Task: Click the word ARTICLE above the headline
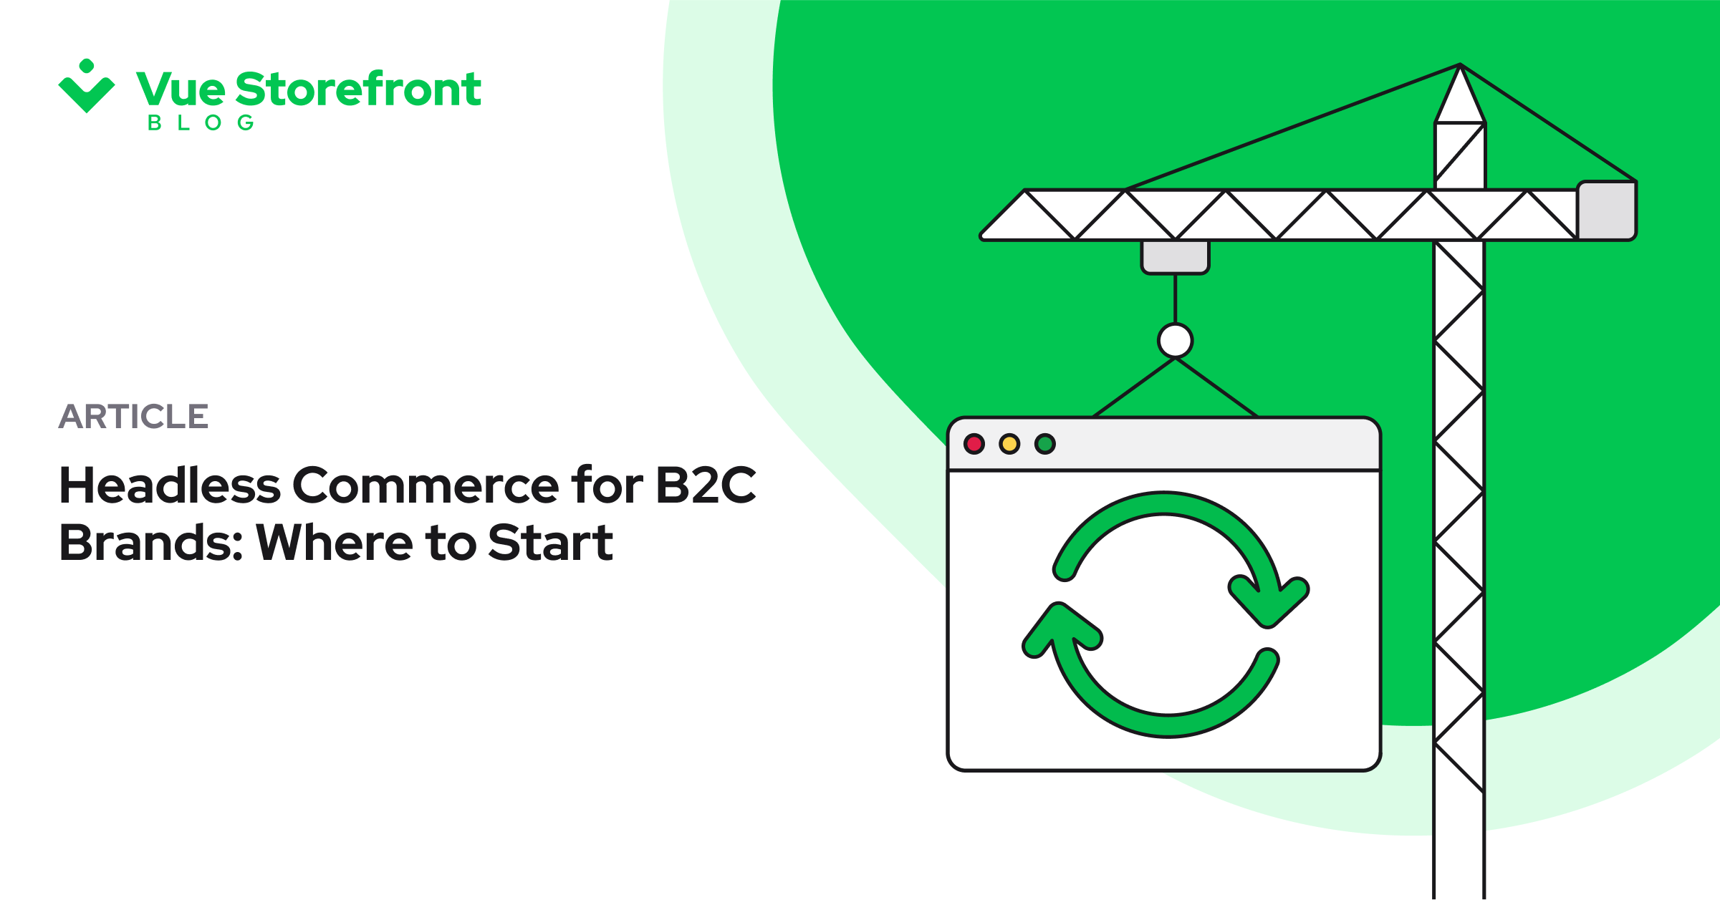pyautogui.click(x=133, y=417)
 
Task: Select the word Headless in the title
pyautogui.click(x=170, y=485)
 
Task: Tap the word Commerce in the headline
pyautogui.click(x=426, y=485)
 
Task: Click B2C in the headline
pyautogui.click(x=706, y=485)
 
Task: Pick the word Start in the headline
pyautogui.click(x=550, y=543)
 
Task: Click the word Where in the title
pyautogui.click(x=335, y=543)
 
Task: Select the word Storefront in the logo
pyautogui.click(x=358, y=89)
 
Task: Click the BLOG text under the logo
pyautogui.click(x=201, y=123)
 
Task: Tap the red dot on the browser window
pyautogui.click(x=974, y=444)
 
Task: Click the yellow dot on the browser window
pyautogui.click(x=1009, y=444)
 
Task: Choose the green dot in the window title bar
pyautogui.click(x=1045, y=444)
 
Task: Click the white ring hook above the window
pyautogui.click(x=1175, y=340)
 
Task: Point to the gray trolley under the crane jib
pyautogui.click(x=1175, y=257)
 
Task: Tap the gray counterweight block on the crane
pyautogui.click(x=1607, y=211)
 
